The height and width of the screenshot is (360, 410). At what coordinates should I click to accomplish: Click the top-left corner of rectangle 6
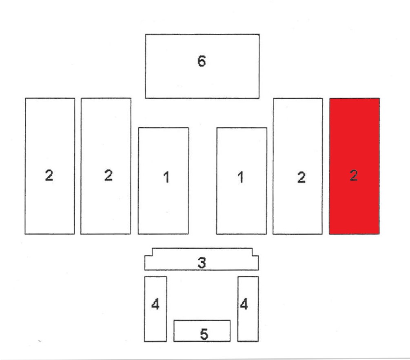click(x=145, y=34)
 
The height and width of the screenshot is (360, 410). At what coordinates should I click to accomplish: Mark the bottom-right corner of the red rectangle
click(x=379, y=234)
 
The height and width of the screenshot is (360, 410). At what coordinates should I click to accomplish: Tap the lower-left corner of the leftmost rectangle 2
click(x=25, y=234)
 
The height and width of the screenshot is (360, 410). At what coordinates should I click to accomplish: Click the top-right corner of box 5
click(x=230, y=320)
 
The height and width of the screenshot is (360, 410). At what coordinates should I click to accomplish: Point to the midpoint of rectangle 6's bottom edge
click(x=202, y=98)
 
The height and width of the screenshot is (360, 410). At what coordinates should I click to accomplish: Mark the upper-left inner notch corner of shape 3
click(x=152, y=256)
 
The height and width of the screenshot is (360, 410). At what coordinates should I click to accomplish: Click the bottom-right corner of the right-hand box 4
click(x=259, y=341)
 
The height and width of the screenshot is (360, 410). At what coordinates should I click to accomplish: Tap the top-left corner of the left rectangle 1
click(x=138, y=128)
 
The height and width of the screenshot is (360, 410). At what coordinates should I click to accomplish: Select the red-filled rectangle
click(x=354, y=166)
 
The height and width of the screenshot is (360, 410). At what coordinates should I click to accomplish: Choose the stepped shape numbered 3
click(x=202, y=259)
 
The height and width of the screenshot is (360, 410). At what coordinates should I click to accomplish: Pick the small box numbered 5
click(x=202, y=331)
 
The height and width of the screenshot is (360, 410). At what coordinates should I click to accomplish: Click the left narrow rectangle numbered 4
click(x=155, y=309)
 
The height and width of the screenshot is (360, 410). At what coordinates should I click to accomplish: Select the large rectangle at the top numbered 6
click(x=202, y=66)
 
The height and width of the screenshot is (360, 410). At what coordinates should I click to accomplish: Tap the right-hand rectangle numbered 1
click(x=242, y=181)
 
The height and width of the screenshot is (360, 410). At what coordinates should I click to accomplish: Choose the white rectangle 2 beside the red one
click(x=297, y=166)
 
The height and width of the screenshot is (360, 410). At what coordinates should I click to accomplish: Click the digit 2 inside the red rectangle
click(x=354, y=175)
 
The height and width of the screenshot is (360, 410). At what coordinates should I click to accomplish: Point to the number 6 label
click(x=202, y=61)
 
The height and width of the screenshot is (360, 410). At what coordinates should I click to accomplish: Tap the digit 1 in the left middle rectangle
click(x=166, y=177)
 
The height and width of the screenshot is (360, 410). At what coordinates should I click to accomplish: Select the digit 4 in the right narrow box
click(x=244, y=304)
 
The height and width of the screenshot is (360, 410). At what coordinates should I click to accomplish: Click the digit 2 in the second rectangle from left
click(x=108, y=175)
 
